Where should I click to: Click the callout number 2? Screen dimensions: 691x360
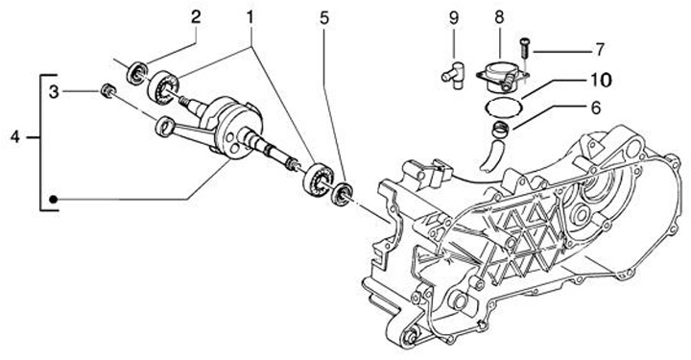coord(196,17)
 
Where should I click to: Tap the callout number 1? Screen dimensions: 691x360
coord(250,18)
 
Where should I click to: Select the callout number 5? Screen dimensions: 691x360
coord(324,18)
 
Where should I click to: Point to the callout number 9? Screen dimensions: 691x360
coord(454,18)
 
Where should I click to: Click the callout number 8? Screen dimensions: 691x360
coord(499,18)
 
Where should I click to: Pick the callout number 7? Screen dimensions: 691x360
coord(599,50)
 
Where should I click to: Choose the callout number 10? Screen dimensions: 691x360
coord(599,80)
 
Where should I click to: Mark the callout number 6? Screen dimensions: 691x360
coord(595,108)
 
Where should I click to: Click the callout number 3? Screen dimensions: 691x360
coord(54,92)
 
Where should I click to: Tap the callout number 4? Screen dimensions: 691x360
coord(15,137)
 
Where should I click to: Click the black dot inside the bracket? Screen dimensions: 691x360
coord(54,200)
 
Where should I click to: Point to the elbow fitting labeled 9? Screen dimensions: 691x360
coord(454,76)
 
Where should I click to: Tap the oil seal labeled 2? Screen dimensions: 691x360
coord(137,74)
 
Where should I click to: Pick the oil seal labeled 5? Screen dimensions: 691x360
coord(342,194)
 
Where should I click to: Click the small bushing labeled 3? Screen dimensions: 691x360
coord(107,90)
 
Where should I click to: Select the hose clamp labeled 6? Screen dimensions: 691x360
coord(501,129)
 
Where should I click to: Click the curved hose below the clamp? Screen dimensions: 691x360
coord(489,156)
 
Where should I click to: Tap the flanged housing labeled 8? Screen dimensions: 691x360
coord(501,77)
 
